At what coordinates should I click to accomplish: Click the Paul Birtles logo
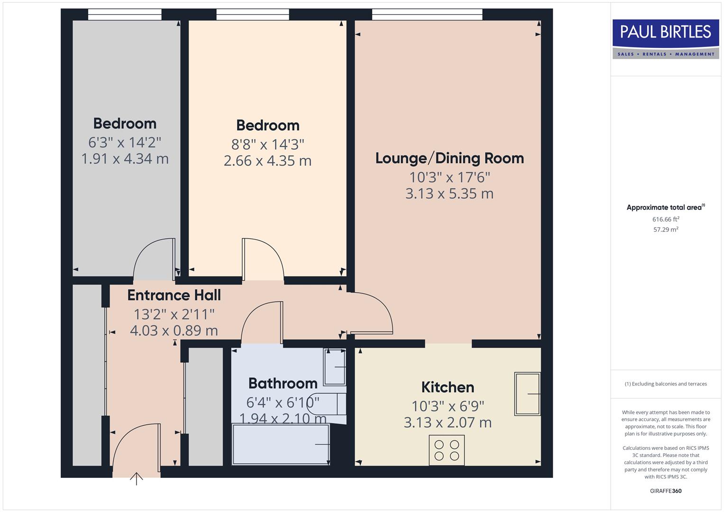pyautogui.click(x=666, y=39)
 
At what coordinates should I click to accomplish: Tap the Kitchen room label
pyautogui.click(x=448, y=387)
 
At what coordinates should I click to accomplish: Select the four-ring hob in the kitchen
pyautogui.click(x=447, y=450)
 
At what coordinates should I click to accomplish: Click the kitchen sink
pyautogui.click(x=527, y=394)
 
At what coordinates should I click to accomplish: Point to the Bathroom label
pyautogui.click(x=283, y=383)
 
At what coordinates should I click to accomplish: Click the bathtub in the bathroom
pyautogui.click(x=281, y=444)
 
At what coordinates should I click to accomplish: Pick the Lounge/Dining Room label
pyautogui.click(x=449, y=158)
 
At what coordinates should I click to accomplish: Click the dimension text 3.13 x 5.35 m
pyautogui.click(x=449, y=194)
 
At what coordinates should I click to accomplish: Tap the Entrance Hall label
pyautogui.click(x=174, y=295)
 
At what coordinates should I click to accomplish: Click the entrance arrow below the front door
pyautogui.click(x=137, y=478)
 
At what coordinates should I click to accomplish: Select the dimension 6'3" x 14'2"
pyautogui.click(x=125, y=142)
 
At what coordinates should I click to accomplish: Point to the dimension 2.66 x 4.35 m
pyautogui.click(x=267, y=161)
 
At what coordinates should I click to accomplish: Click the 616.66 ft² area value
pyautogui.click(x=666, y=219)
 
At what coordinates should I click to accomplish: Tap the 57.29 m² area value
pyautogui.click(x=666, y=229)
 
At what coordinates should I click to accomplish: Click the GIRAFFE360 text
pyautogui.click(x=666, y=491)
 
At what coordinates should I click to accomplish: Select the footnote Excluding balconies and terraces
pyautogui.click(x=666, y=384)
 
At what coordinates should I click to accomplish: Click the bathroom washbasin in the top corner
pyautogui.click(x=334, y=367)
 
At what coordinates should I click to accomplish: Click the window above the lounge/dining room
pyautogui.click(x=427, y=15)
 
